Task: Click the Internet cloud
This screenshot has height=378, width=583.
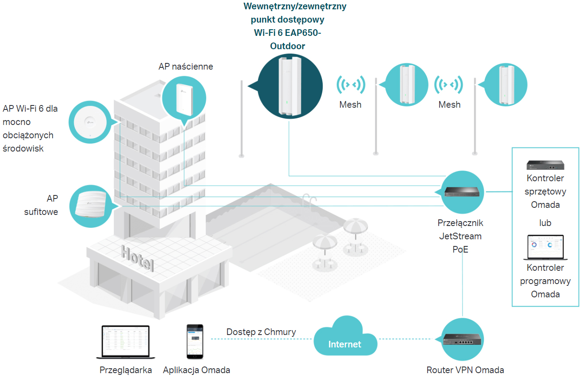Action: coord(345,336)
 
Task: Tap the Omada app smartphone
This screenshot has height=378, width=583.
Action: coord(195,342)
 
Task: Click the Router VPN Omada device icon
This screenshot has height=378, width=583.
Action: coord(462,339)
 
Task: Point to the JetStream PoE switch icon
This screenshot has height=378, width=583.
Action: coord(462,192)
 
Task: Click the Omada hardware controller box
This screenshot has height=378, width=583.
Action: coord(545,165)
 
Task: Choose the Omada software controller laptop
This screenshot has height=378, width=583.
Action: coord(545,247)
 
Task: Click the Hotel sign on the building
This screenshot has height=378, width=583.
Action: coord(137,258)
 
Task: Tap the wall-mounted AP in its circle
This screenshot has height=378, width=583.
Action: coord(184,99)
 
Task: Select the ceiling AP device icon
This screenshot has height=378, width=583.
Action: coord(91,204)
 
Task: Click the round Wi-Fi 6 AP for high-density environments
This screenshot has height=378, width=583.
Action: coord(90,122)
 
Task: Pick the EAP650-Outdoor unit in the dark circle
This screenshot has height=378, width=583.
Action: coord(290,86)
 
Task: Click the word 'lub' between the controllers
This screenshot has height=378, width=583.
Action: coord(545,223)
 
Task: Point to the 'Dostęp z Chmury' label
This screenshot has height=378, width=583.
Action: coord(261,332)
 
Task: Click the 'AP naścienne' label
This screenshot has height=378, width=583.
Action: coord(185,66)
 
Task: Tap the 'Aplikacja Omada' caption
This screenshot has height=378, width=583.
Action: coord(197,370)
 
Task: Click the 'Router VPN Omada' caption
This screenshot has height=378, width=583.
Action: coord(465,370)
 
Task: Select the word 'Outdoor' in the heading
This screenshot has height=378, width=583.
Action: coord(288,46)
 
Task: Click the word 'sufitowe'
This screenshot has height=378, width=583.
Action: coord(41,212)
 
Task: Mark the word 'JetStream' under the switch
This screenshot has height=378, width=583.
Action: coord(460,236)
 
